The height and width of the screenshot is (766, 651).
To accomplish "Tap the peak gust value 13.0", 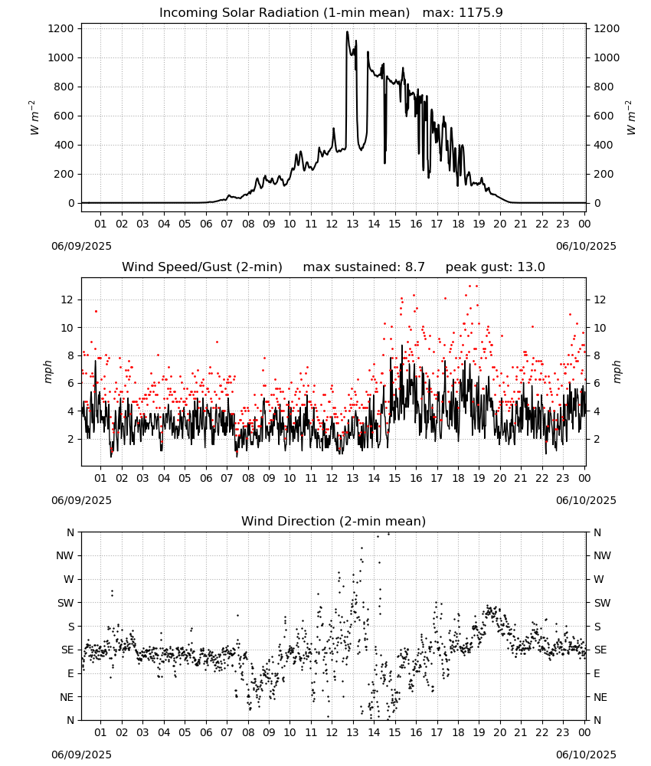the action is [x=531, y=267].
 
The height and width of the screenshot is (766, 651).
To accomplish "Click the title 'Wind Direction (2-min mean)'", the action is [x=334, y=521].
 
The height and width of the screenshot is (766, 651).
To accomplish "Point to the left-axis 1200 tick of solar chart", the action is [x=61, y=29].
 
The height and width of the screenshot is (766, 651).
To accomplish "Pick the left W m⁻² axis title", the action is [x=34, y=118].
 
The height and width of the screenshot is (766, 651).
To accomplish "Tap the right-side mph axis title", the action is [x=617, y=372].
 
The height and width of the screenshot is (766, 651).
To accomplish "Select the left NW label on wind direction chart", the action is [x=65, y=556].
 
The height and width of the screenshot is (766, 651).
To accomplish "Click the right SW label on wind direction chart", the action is [x=602, y=604].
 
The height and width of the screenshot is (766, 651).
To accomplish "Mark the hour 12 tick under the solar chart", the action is [x=332, y=224].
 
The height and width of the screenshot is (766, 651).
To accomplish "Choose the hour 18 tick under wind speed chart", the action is [x=458, y=478].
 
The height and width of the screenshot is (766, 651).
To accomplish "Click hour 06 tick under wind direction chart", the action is [x=206, y=732].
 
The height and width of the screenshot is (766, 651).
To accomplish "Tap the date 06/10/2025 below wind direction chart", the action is [x=586, y=755].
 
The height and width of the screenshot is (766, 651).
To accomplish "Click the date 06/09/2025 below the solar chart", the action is [x=81, y=246].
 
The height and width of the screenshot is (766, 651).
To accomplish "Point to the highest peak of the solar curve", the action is [x=347, y=31].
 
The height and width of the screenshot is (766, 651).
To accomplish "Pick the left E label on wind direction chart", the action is [x=70, y=673].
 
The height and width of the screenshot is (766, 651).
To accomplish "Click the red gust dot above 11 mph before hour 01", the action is [x=97, y=311].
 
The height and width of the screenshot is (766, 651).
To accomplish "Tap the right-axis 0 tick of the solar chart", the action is [x=597, y=203].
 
